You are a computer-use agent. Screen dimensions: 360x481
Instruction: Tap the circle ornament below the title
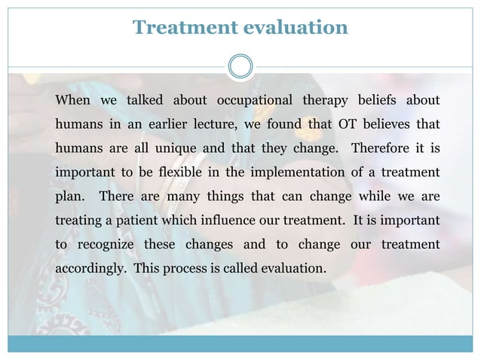click(240, 66)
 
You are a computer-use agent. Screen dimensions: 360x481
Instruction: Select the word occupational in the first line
click(253, 101)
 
